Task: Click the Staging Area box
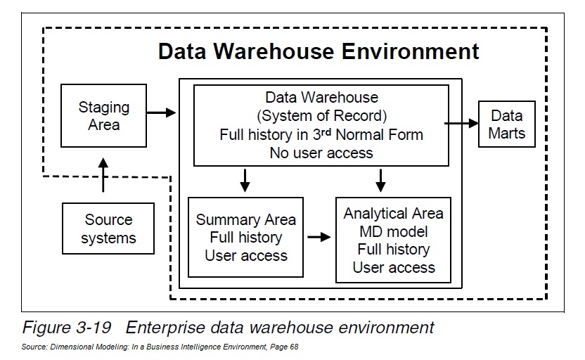pyautogui.click(x=103, y=116)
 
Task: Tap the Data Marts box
pyautogui.click(x=506, y=124)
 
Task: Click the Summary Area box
pyautogui.click(x=245, y=238)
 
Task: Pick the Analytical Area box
pyautogui.click(x=392, y=240)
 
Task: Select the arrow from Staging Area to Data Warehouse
pyautogui.click(x=161, y=112)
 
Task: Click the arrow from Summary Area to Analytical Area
pyautogui.click(x=319, y=237)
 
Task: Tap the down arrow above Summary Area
pyautogui.click(x=245, y=181)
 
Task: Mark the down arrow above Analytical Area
pyautogui.click(x=380, y=181)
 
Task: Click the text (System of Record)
pyautogui.click(x=321, y=116)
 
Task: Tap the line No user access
pyautogui.click(x=321, y=152)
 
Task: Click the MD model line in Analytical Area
pyautogui.click(x=393, y=231)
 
